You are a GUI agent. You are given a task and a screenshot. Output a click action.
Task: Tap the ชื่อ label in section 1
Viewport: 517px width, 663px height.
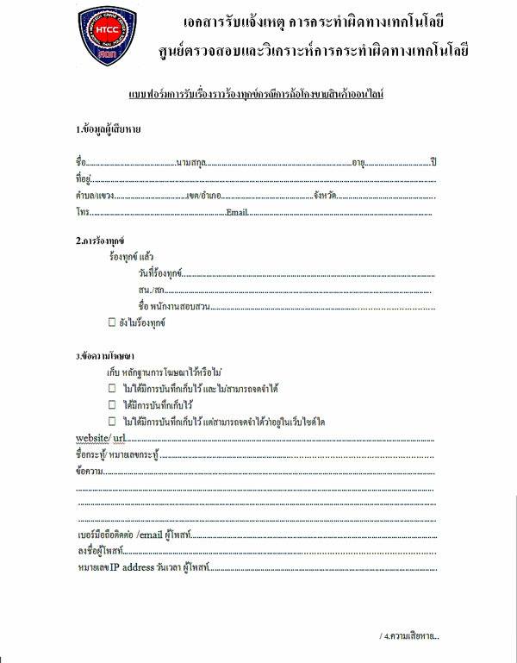tap(81, 162)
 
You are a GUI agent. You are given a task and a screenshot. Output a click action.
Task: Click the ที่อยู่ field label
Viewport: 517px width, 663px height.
tap(84, 179)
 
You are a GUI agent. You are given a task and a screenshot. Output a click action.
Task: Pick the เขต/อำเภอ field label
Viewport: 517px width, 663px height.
tap(205, 196)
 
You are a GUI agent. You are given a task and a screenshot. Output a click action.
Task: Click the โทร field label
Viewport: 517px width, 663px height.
tap(83, 212)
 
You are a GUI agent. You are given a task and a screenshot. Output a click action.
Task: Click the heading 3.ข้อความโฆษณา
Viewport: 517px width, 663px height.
tap(104, 354)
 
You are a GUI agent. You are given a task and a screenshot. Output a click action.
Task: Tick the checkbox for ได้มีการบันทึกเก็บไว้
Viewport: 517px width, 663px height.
tap(111, 404)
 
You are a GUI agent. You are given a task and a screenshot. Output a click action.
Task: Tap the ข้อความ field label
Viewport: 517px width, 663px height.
tap(90, 472)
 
